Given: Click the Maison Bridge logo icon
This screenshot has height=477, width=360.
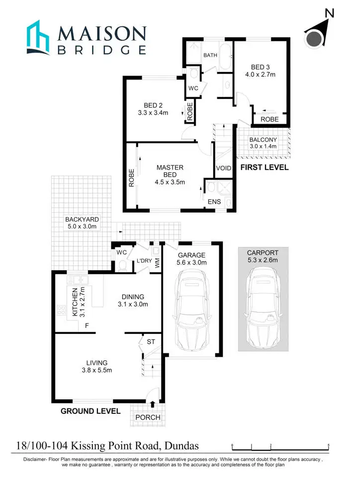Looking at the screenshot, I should coord(38,37).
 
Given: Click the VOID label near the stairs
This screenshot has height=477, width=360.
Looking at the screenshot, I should coord(224,168).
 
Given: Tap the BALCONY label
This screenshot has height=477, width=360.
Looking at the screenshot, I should coord(263,140).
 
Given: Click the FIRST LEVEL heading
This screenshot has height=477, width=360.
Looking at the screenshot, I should coord(264,167).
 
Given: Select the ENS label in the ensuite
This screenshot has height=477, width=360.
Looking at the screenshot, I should coord(214,202).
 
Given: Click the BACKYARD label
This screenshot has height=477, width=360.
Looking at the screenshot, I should coord(82,219).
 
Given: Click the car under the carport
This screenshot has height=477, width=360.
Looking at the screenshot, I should coord(263,308).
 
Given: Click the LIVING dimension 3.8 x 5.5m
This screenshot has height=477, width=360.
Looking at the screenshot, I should coord(96,370).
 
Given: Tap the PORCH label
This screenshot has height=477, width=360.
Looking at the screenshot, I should coord(148,417).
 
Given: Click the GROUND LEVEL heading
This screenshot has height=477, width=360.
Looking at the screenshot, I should coord(90,411).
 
